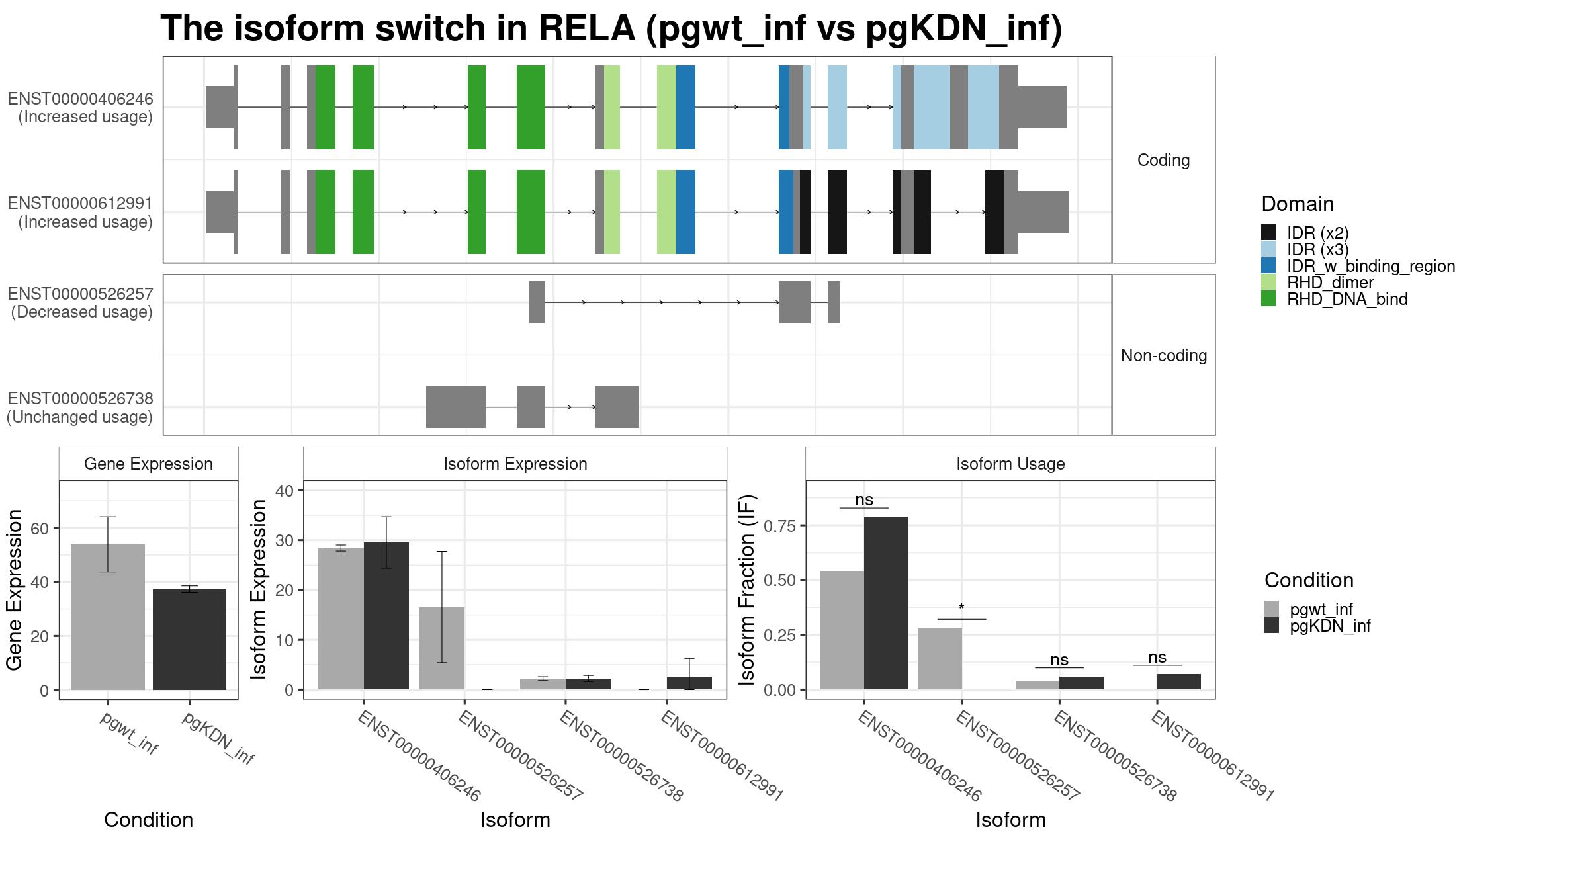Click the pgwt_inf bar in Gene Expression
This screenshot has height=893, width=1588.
coord(108,617)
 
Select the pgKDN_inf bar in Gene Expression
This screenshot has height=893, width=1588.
coord(189,640)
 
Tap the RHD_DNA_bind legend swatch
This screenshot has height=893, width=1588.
coord(1268,299)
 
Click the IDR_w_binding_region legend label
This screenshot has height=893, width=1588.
coord(1371,266)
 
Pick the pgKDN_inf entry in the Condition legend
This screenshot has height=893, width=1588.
coord(1330,626)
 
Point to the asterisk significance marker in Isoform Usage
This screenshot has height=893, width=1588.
coord(961,608)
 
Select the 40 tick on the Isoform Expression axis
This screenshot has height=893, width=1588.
coord(285,491)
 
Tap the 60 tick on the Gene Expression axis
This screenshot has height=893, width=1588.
coord(40,529)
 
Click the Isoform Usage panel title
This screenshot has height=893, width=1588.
coord(1010,464)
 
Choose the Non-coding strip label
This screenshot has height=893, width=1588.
coord(1164,355)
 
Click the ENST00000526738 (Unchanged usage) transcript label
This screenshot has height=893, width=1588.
coord(80,407)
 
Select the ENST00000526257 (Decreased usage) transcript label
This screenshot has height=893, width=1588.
coord(81,303)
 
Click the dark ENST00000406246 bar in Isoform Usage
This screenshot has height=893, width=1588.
coord(886,603)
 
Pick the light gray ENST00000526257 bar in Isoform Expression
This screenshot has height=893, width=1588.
coord(442,648)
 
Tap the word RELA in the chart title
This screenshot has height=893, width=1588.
coord(587,28)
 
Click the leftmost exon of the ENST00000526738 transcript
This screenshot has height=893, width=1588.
coord(456,407)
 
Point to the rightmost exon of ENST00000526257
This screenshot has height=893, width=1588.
coord(834,302)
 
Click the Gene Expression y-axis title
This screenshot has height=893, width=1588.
coord(15,590)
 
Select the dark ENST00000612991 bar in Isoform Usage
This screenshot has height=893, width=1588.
coord(1179,682)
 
